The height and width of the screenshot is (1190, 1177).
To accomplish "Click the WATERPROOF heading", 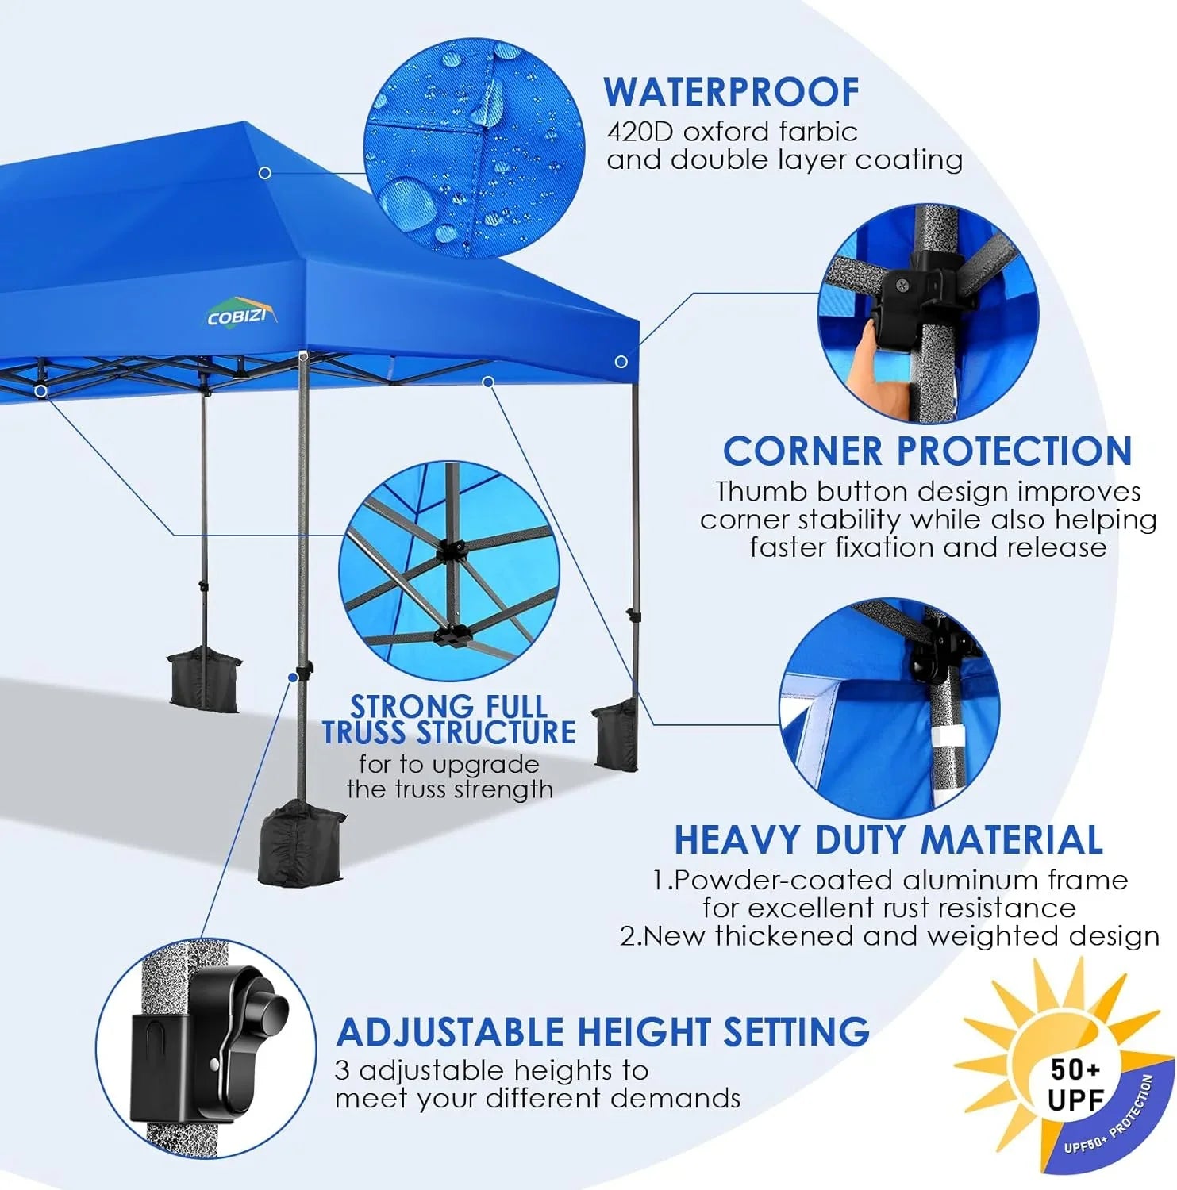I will (731, 92).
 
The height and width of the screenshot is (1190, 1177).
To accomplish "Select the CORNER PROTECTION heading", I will (927, 451).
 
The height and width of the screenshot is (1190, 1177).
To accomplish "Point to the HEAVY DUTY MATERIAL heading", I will (888, 840).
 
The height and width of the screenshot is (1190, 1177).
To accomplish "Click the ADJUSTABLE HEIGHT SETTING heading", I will (602, 1032).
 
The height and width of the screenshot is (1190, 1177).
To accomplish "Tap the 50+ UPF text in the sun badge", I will (1075, 1084).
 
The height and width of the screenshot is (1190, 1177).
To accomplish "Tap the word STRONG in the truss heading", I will (402, 706).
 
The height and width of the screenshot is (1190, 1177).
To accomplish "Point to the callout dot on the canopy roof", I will (265, 173).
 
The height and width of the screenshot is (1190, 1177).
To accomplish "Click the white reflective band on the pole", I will (945, 748).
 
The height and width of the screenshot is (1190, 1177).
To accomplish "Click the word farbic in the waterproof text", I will (817, 132).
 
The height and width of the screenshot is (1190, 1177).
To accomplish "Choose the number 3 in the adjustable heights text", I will (342, 1071).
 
